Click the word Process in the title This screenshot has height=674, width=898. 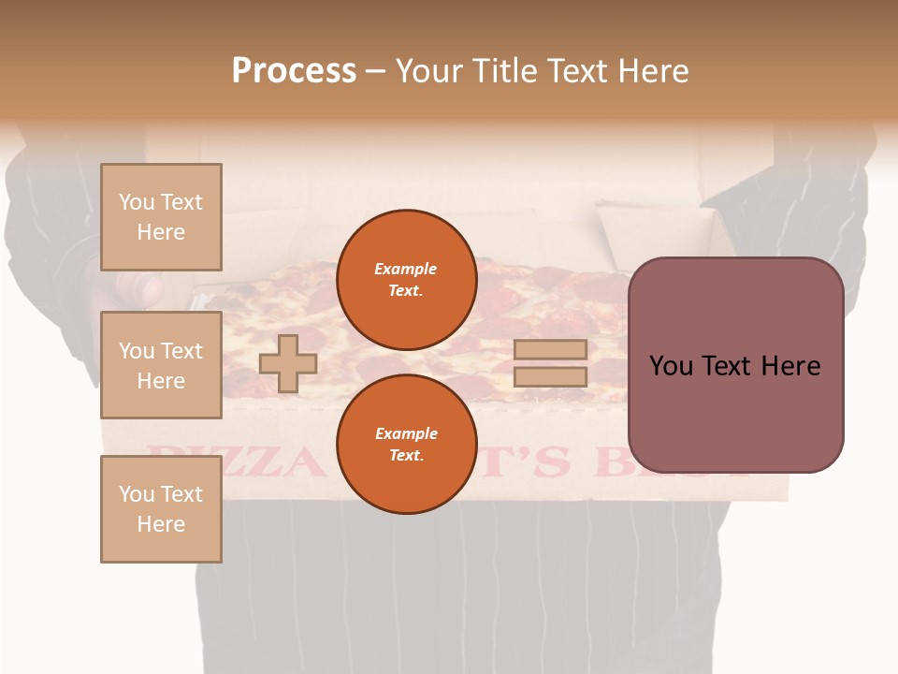(x=294, y=70)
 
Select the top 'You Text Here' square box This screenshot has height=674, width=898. (x=161, y=217)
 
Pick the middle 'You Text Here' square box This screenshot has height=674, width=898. (x=161, y=365)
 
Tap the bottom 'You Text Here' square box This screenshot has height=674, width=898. (x=161, y=508)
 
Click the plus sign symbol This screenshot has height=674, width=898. (x=288, y=363)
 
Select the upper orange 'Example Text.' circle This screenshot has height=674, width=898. (x=406, y=279)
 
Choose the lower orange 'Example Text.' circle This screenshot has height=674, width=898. (x=406, y=444)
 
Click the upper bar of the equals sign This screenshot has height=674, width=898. (x=551, y=349)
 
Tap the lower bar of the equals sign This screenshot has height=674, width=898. (x=551, y=377)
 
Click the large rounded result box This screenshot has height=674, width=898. (x=735, y=365)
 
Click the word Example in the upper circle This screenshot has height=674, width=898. (x=406, y=269)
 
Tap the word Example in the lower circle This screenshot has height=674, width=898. (x=406, y=433)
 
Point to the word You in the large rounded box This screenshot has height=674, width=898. (x=672, y=366)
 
